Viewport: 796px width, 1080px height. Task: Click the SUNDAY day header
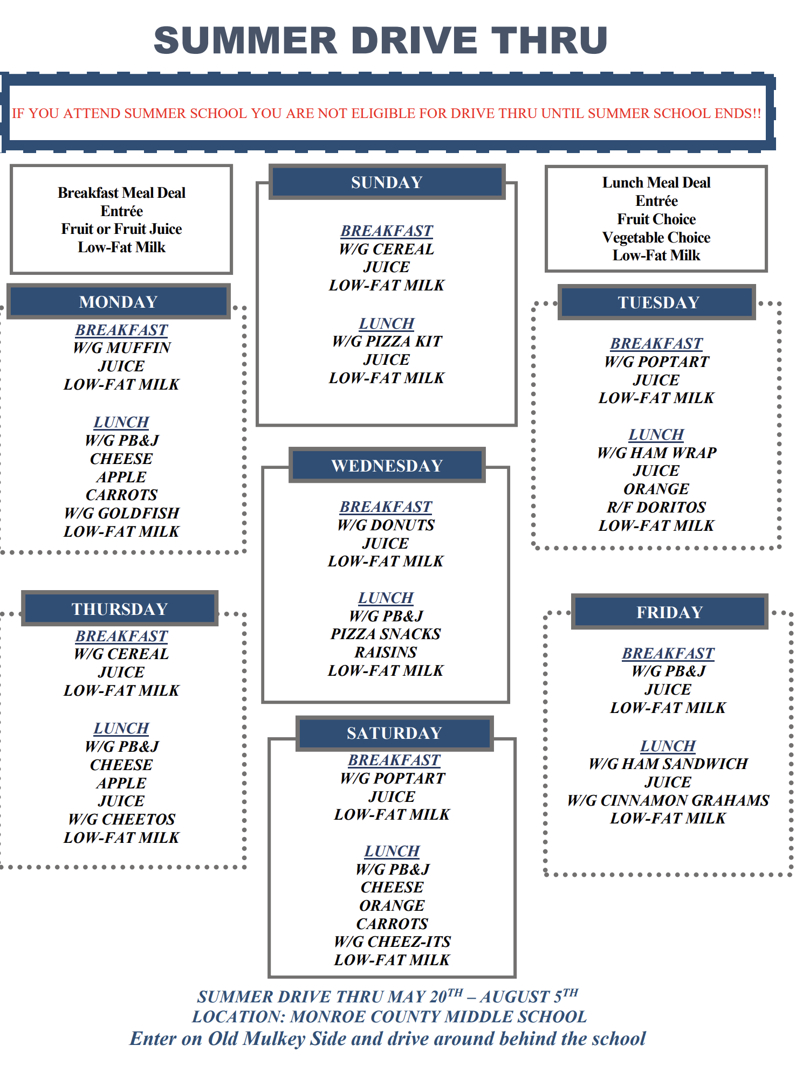coord(387,182)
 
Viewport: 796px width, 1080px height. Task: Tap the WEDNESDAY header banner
coord(387,465)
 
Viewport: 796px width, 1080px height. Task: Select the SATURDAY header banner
coord(394,733)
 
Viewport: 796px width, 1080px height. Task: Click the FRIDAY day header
coord(669,612)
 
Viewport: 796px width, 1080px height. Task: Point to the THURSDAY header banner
coord(120,608)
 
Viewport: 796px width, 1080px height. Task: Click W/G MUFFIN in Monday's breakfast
coord(122,348)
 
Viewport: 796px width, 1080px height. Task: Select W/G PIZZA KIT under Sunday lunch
coord(387,341)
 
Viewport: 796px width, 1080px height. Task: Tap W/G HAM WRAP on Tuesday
coord(656,453)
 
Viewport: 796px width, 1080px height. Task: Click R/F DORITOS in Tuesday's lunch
coord(656,507)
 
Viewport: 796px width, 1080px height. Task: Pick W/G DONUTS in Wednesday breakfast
coord(386,525)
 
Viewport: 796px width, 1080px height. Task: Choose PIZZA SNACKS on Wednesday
coord(386,634)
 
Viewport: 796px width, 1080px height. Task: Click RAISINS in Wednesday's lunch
coord(386,652)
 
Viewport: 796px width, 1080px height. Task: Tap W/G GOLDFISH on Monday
coord(122,513)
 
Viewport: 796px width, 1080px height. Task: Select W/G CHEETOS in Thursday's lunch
coord(122,819)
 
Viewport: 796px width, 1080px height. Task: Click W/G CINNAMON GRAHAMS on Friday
coord(668,800)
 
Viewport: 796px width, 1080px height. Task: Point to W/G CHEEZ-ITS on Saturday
coord(393,941)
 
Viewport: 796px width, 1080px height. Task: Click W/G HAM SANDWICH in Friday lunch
coord(668,764)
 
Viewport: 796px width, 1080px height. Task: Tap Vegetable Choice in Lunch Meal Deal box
coord(656,237)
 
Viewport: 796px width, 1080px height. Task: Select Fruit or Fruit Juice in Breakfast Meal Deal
coord(122,229)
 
